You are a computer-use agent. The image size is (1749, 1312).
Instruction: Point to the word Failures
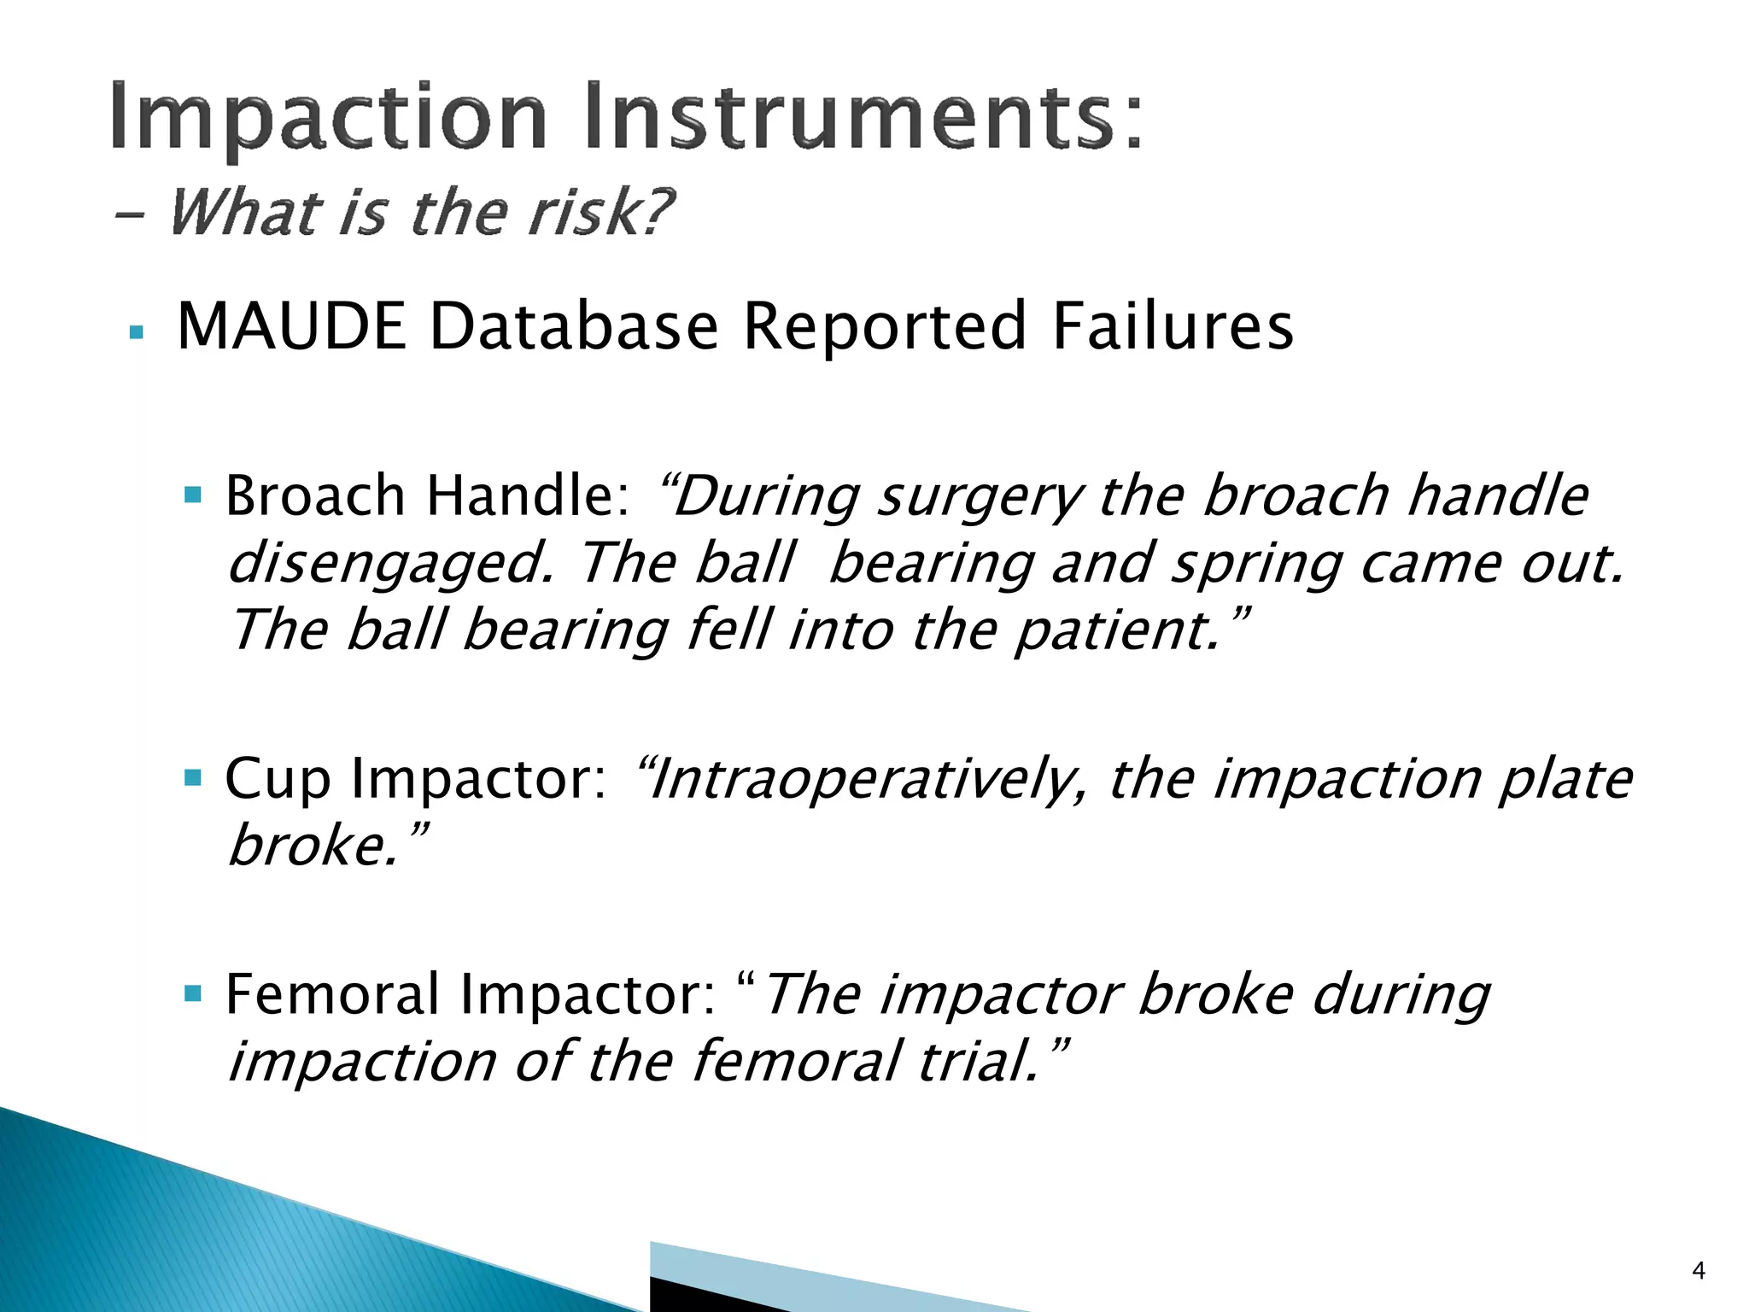pyautogui.click(x=1173, y=326)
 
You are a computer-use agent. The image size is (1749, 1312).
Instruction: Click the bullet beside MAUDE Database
pyautogui.click(x=136, y=332)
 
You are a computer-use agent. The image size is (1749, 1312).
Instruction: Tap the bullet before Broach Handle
pyautogui.click(x=193, y=495)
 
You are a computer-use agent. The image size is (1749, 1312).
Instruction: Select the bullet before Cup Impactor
pyautogui.click(x=193, y=777)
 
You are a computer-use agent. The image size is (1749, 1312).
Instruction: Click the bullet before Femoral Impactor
pyautogui.click(x=193, y=993)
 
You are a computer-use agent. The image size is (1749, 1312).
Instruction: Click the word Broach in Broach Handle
pyautogui.click(x=314, y=495)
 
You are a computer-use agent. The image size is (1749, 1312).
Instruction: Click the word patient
pyautogui.click(x=1119, y=631)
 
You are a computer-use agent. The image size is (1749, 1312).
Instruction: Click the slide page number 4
pyautogui.click(x=1698, y=1272)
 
